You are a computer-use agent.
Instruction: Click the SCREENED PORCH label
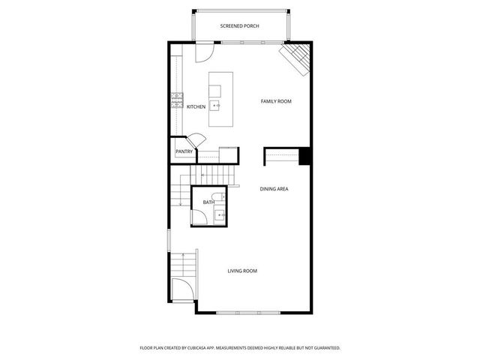click(x=239, y=26)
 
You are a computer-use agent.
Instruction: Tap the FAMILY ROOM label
click(x=275, y=101)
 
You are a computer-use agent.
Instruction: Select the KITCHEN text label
click(x=196, y=107)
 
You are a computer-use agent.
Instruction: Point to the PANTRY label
click(x=184, y=151)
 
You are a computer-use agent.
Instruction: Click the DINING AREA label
click(x=274, y=189)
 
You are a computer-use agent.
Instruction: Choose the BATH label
click(x=208, y=202)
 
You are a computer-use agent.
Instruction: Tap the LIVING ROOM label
click(x=242, y=271)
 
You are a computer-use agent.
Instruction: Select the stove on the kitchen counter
click(x=177, y=100)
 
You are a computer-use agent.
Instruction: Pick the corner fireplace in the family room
click(x=295, y=58)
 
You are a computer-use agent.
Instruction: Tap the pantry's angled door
click(x=196, y=140)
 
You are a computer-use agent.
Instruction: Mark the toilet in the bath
click(x=218, y=197)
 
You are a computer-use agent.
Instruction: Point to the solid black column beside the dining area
click(x=304, y=155)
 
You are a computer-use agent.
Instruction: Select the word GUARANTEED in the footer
click(x=322, y=348)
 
